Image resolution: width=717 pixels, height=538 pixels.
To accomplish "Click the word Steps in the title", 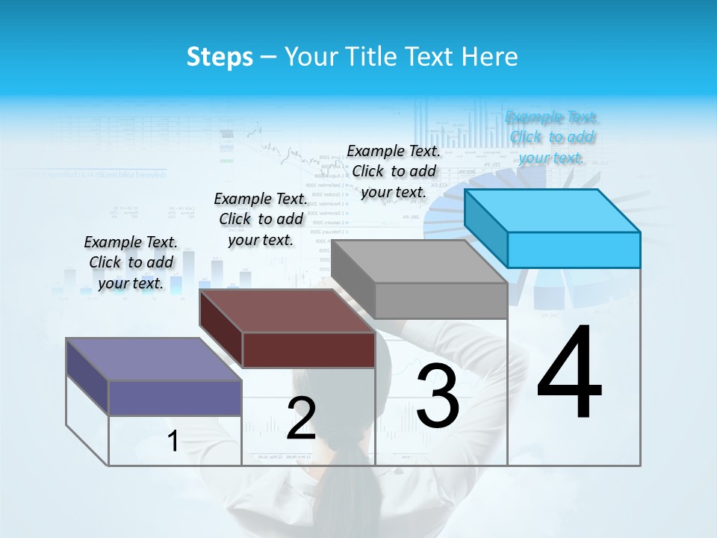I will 220,57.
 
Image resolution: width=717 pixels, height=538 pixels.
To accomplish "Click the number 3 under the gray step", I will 438,395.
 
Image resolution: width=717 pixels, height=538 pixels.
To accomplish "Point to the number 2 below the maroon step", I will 301,418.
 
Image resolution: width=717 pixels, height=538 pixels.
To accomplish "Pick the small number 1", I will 173,442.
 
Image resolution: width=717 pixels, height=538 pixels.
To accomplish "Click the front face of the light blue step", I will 574,250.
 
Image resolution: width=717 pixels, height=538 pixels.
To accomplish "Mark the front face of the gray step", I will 441,301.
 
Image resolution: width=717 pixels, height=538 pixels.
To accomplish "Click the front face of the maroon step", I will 308,350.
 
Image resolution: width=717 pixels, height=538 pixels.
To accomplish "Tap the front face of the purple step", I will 175,398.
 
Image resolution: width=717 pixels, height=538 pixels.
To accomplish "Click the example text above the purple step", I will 131,262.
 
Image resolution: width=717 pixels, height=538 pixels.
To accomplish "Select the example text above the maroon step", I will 261,219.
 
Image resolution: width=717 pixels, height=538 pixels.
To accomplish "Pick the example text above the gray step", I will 394,171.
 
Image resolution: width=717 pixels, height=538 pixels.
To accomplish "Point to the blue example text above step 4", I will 551,137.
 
